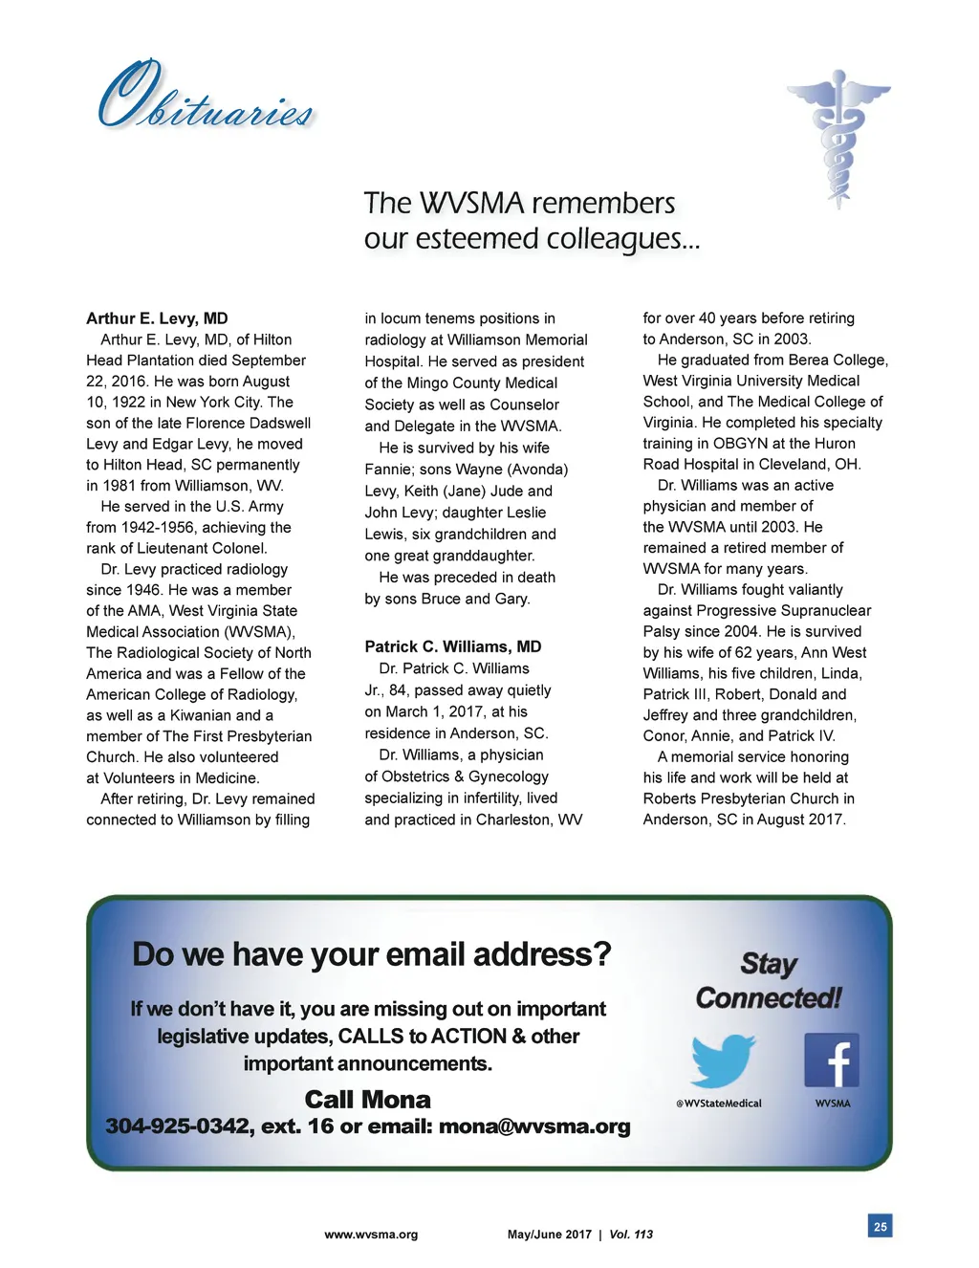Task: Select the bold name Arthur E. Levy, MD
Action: tap(157, 318)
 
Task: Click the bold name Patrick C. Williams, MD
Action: tap(452, 646)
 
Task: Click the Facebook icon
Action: tap(832, 1060)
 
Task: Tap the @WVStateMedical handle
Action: tap(719, 1104)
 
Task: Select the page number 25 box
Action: tap(880, 1226)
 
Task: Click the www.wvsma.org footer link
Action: tap(371, 1235)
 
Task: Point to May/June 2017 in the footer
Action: tap(549, 1235)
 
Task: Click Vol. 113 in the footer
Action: tap(631, 1235)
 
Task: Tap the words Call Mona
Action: tap(367, 1100)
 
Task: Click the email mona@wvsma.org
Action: tap(534, 1126)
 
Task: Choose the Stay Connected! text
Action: tap(769, 981)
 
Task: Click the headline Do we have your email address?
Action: tap(371, 954)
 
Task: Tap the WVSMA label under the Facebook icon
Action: tap(832, 1104)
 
